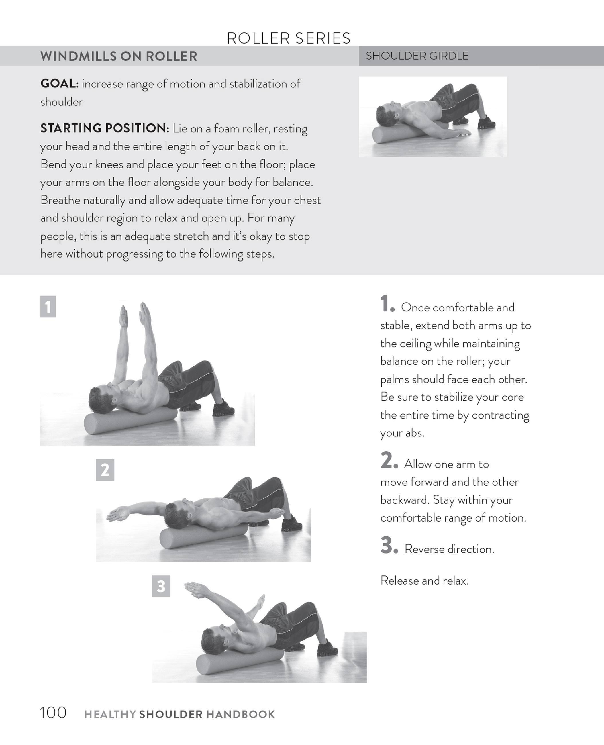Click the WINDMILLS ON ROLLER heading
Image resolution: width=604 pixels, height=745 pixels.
tap(119, 56)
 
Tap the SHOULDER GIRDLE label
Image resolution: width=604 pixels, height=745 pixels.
tap(417, 56)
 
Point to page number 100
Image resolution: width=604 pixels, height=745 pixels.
tap(53, 713)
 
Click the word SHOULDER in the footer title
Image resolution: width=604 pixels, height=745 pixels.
tap(171, 715)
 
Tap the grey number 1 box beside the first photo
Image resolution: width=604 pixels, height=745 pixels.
tap(48, 307)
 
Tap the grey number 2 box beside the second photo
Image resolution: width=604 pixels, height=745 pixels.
tap(105, 470)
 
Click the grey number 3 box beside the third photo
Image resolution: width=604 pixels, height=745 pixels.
tap(161, 586)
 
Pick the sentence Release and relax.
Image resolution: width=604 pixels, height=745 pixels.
tap(424, 581)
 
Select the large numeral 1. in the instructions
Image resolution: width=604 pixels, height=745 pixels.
tap(387, 304)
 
